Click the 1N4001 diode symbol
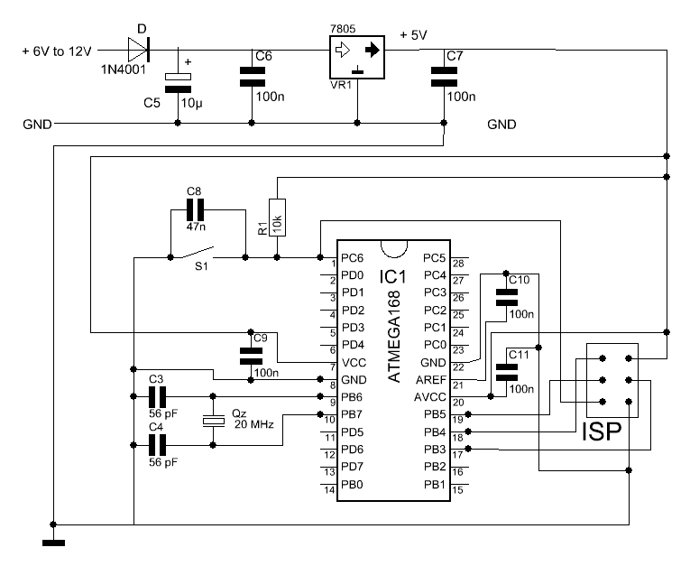click(139, 50)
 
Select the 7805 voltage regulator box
click(357, 58)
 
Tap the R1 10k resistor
click(277, 218)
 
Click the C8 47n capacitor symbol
click(196, 209)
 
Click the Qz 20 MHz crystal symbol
click(214, 421)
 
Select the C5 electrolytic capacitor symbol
click(178, 83)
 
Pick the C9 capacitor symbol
click(251, 356)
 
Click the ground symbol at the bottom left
click(54, 543)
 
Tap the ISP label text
click(602, 431)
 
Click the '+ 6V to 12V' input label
click(57, 51)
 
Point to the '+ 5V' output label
click(413, 35)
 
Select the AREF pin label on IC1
click(431, 380)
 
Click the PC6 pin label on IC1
click(353, 258)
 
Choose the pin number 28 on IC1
click(458, 264)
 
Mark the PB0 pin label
click(353, 485)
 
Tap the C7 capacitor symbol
click(444, 77)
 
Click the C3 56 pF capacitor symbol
click(157, 396)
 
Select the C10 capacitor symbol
click(507, 297)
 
